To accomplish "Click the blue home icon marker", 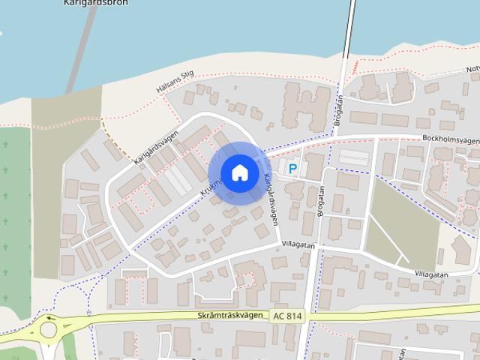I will (239, 173).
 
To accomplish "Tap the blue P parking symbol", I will (292, 170).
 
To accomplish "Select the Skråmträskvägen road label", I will (232, 317).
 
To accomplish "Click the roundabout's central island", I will (49, 328).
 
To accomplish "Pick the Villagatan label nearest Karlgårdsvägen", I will (298, 245).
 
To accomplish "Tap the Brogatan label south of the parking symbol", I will (320, 201).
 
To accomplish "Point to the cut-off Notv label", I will (472, 70).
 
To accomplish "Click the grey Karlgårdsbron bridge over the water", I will (81, 52).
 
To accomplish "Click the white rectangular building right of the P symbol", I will (354, 157).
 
